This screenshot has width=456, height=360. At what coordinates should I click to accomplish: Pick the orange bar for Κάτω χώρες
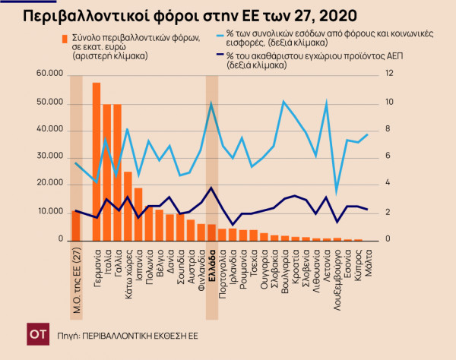point(128,206)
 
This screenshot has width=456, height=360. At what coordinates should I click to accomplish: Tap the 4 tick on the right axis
point(388,183)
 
